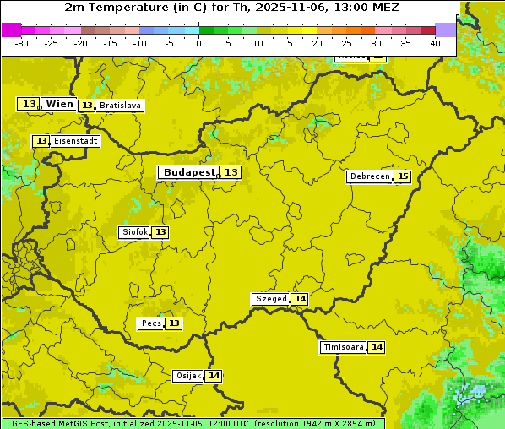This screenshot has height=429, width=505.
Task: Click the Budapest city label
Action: pyautogui.click(x=189, y=172)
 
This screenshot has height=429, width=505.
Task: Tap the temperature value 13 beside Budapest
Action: pyautogui.click(x=231, y=172)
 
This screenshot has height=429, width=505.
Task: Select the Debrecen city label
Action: pyautogui.click(x=368, y=176)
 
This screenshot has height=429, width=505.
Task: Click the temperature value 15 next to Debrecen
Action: pyautogui.click(x=403, y=176)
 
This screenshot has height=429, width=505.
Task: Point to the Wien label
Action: pyautogui.click(x=59, y=104)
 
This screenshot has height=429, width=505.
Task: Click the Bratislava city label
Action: pyautogui.click(x=119, y=106)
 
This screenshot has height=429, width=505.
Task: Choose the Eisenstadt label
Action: pyautogui.click(x=75, y=141)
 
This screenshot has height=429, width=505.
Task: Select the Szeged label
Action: pyautogui.click(x=270, y=299)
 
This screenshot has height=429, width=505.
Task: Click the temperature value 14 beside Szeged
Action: pyautogui.click(x=300, y=299)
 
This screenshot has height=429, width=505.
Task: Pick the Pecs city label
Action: pyautogui.click(x=151, y=323)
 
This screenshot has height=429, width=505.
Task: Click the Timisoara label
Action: pyautogui.click(x=343, y=347)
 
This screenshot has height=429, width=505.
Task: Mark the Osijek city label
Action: pyautogui.click(x=187, y=376)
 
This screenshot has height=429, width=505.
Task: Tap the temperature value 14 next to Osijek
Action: pyautogui.click(x=214, y=376)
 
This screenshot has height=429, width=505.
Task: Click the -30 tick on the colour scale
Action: pyautogui.click(x=22, y=43)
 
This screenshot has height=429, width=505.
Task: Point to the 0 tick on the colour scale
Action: pyautogui.click(x=198, y=43)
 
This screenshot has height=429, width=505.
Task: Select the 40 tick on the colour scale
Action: pyautogui.click(x=435, y=43)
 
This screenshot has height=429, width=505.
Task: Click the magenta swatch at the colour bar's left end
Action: pyautogui.click(x=11, y=30)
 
